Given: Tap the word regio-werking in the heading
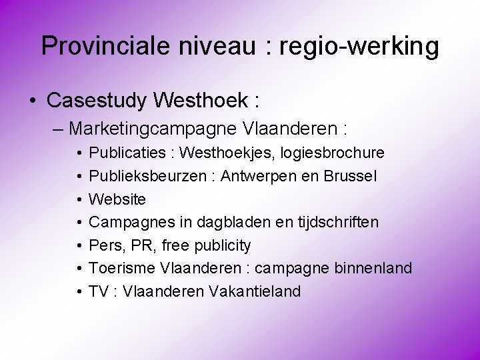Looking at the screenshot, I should click(359, 46).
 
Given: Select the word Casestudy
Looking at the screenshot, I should click(97, 101).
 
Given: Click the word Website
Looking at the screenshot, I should click(117, 199).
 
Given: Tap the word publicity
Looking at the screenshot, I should click(223, 245).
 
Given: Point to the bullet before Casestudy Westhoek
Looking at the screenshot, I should click(32, 101).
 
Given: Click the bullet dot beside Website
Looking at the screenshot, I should click(78, 199).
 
